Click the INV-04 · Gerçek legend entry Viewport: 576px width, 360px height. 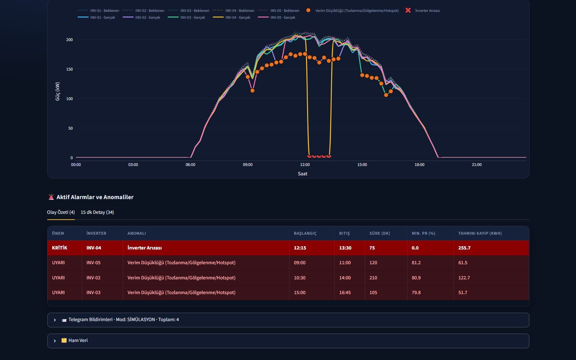tap(231, 18)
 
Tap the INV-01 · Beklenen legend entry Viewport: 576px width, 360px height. tap(98, 10)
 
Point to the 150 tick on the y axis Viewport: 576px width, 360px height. tap(69, 69)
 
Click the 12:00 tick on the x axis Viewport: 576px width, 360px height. tap(305, 165)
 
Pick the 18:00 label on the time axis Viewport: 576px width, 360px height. tap(419, 165)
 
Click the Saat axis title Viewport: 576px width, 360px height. tap(302, 174)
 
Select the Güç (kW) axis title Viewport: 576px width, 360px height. tap(58, 91)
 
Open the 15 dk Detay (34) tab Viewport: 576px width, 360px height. tap(97, 212)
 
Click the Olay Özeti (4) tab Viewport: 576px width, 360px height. tap(61, 212)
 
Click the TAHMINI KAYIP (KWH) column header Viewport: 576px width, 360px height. tap(480, 233)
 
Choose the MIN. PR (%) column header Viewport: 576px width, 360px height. tap(423, 233)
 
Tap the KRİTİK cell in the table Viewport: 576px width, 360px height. tap(59, 248)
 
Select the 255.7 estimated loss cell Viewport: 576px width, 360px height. tap(464, 248)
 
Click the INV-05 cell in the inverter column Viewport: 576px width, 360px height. tap(93, 262)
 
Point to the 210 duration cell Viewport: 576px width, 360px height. tap(373, 278)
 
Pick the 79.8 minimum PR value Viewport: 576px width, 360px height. tap(416, 292)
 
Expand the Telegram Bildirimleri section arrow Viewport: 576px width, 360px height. tap(54, 320)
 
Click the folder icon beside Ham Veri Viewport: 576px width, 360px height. tap(64, 341)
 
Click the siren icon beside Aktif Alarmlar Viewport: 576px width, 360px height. tap(51, 197)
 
